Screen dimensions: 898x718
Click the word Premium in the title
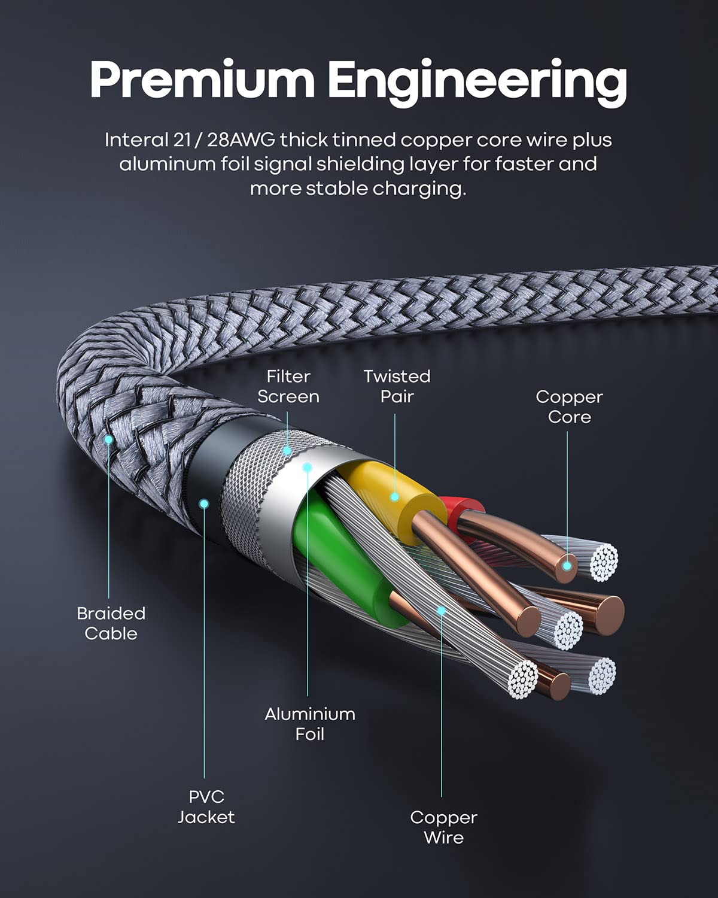pos(202,80)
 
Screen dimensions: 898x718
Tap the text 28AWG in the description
pos(242,140)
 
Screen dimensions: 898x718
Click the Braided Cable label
pos(111,623)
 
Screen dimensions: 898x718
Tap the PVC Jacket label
pos(206,807)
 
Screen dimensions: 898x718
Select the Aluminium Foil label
pos(309,723)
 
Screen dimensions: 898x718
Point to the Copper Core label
pos(569,406)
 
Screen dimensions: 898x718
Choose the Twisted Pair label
pos(397,386)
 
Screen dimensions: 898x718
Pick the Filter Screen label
pos(288,386)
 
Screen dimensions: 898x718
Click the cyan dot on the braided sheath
pos(109,439)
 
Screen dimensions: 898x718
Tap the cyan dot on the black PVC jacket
pos(204,503)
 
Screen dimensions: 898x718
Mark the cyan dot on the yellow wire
pos(394,496)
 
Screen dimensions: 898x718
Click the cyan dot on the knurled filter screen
pos(287,450)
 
